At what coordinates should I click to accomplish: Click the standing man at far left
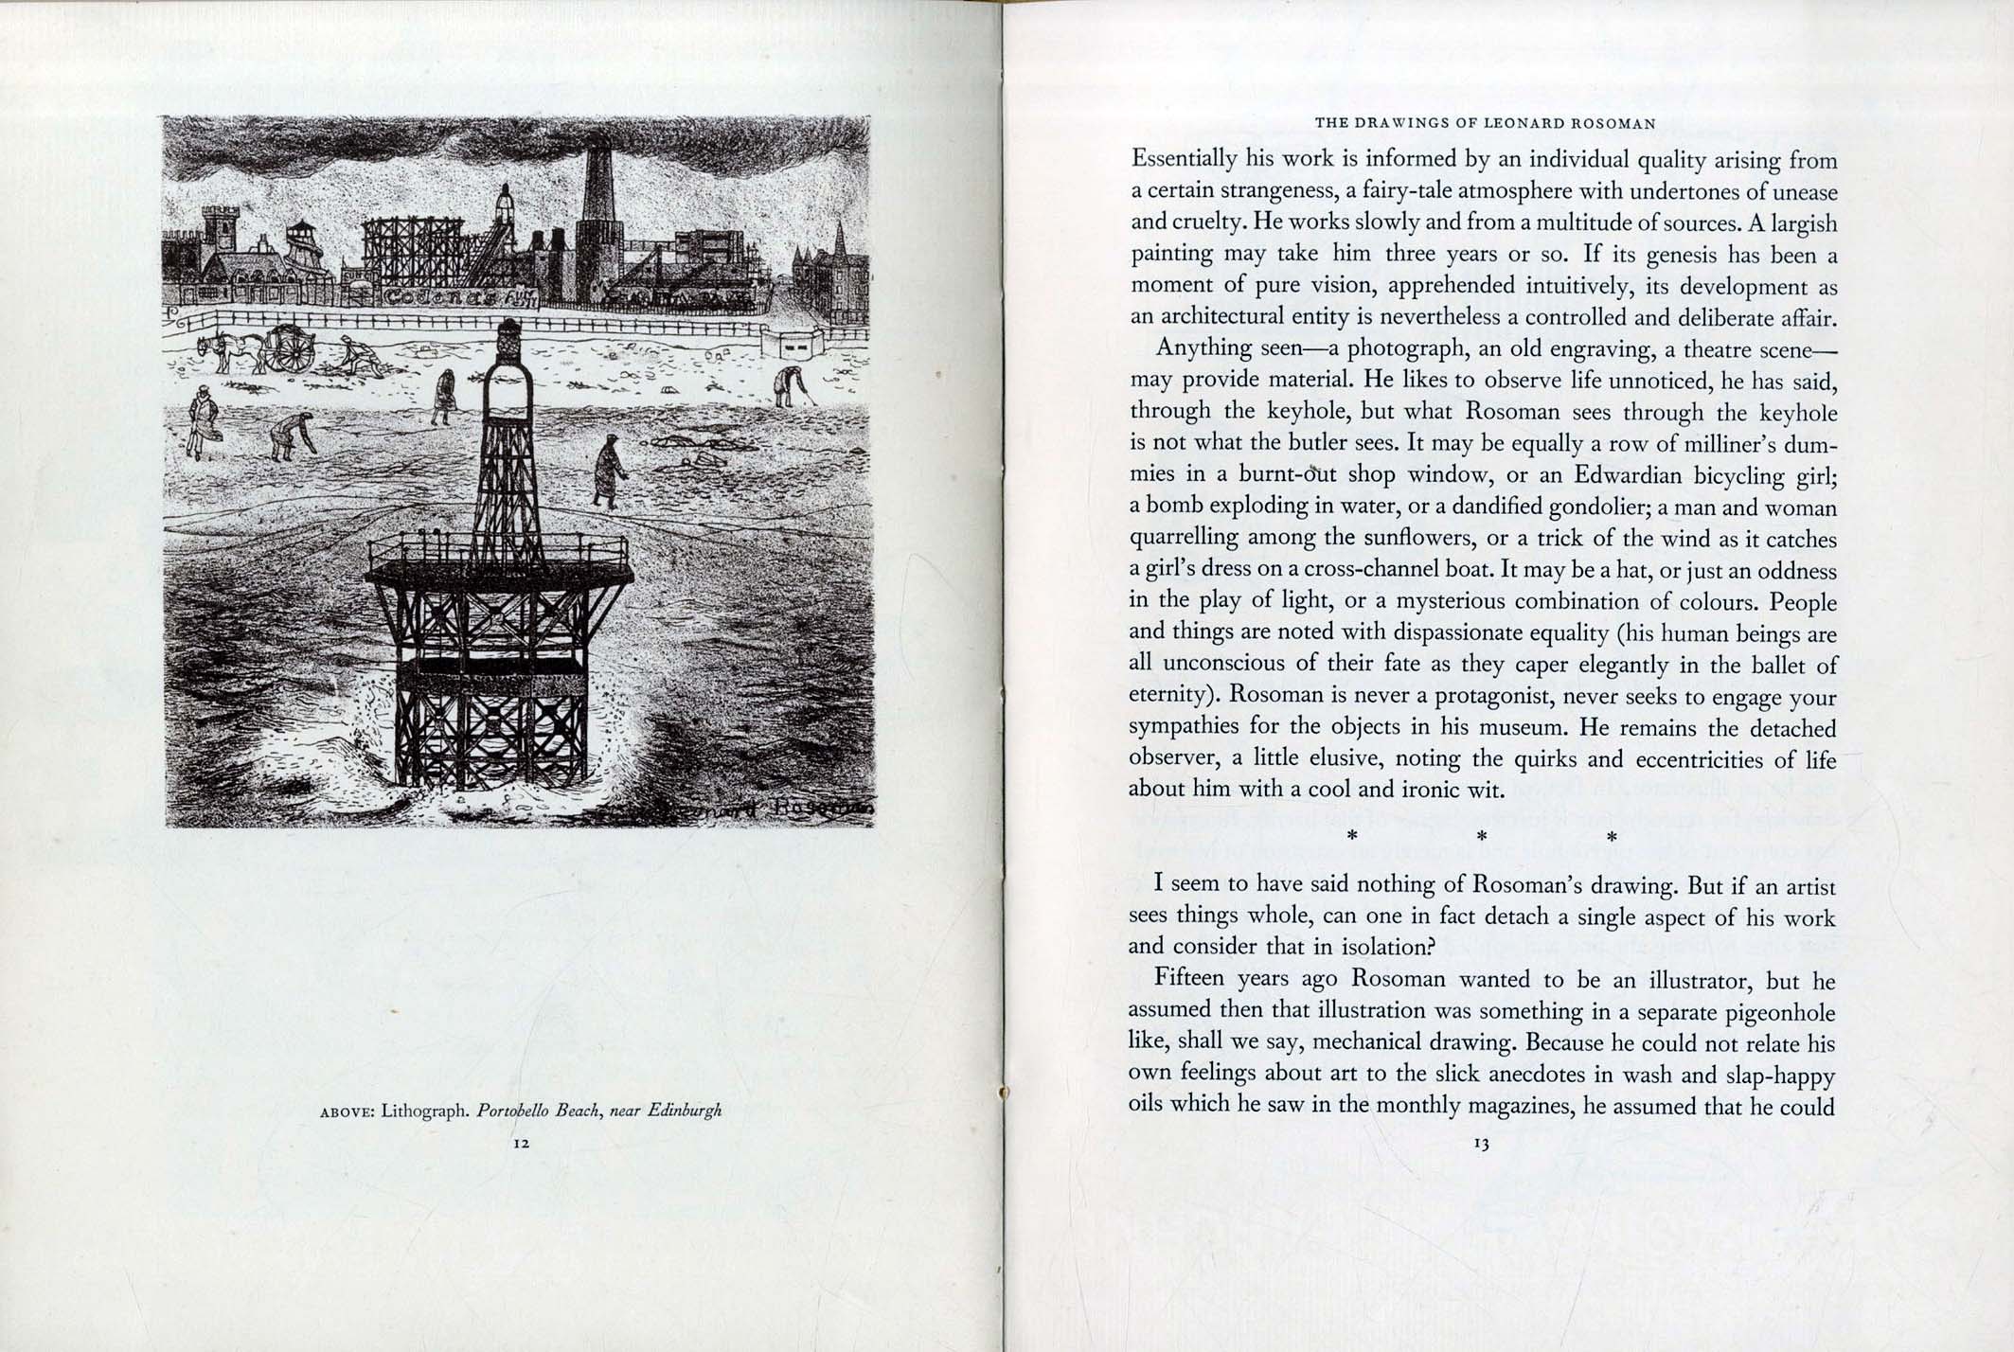pos(202,423)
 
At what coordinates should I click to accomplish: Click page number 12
pos(520,1143)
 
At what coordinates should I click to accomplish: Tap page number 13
pos(1482,1144)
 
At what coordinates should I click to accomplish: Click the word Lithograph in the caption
pos(425,1110)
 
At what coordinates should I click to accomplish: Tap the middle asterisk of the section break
pos(1482,836)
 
